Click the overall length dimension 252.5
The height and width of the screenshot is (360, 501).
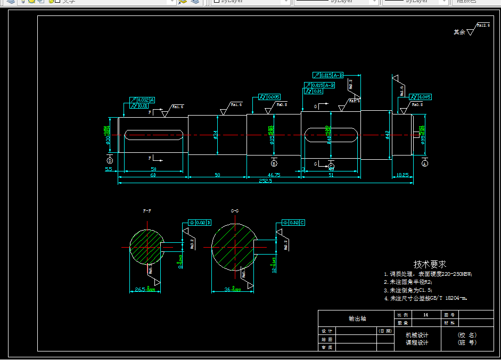tap(265, 181)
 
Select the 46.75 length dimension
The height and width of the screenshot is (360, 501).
tap(274, 175)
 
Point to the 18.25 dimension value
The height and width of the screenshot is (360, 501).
tap(403, 175)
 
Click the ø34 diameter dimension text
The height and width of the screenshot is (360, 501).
tap(216, 135)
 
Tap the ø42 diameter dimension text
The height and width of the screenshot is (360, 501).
tap(388, 135)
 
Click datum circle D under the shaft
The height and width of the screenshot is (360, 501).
tap(110, 160)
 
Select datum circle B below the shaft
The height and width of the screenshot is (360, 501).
tap(274, 163)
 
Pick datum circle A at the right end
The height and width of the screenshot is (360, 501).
tap(424, 164)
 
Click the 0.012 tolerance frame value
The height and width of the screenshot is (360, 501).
tap(143, 100)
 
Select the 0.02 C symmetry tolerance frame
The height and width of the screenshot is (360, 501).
tap(294, 222)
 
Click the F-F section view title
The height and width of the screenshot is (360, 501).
tap(147, 211)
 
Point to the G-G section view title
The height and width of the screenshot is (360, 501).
tap(235, 211)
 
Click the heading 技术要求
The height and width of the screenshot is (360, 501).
tap(430, 264)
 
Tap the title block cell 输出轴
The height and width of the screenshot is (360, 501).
tap(357, 318)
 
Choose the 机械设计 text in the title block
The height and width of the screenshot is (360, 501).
tap(417, 335)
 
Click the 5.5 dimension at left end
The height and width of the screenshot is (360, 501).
tap(109, 169)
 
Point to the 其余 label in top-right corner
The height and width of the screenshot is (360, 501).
tap(459, 32)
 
